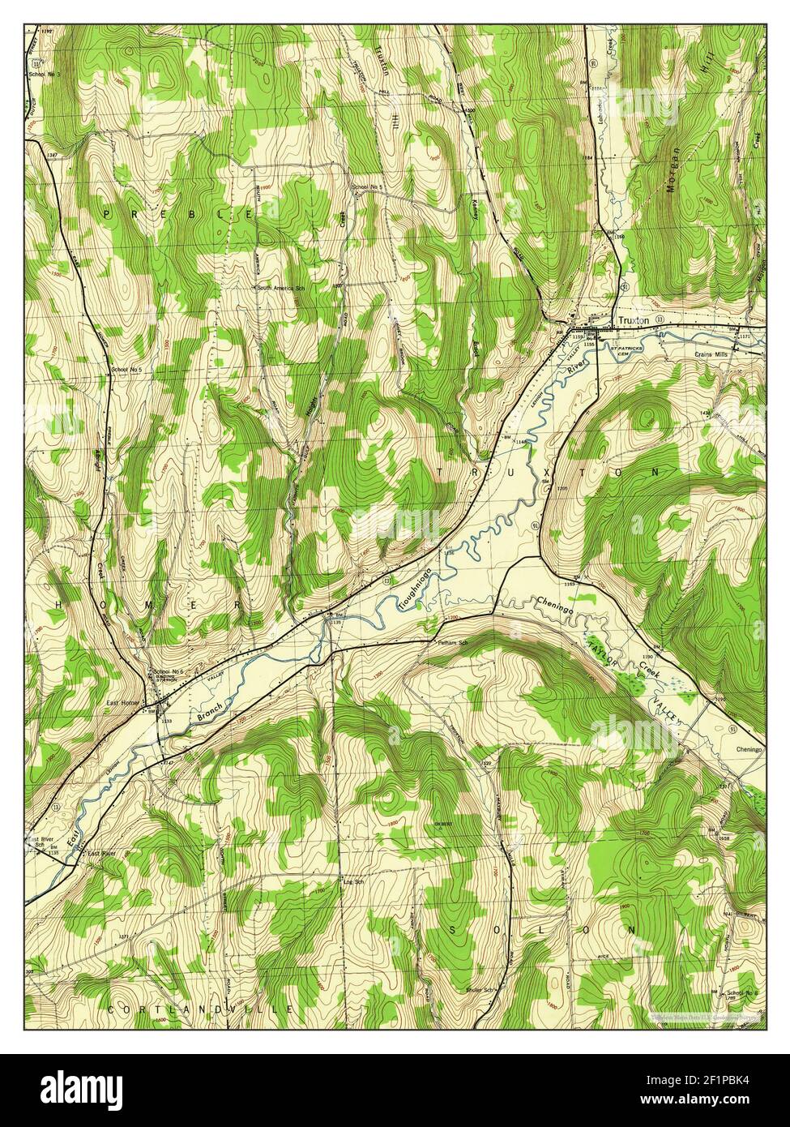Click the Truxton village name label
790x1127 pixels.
point(634,321)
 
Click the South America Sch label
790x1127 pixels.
point(280,287)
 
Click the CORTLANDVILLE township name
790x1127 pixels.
point(199,1009)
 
